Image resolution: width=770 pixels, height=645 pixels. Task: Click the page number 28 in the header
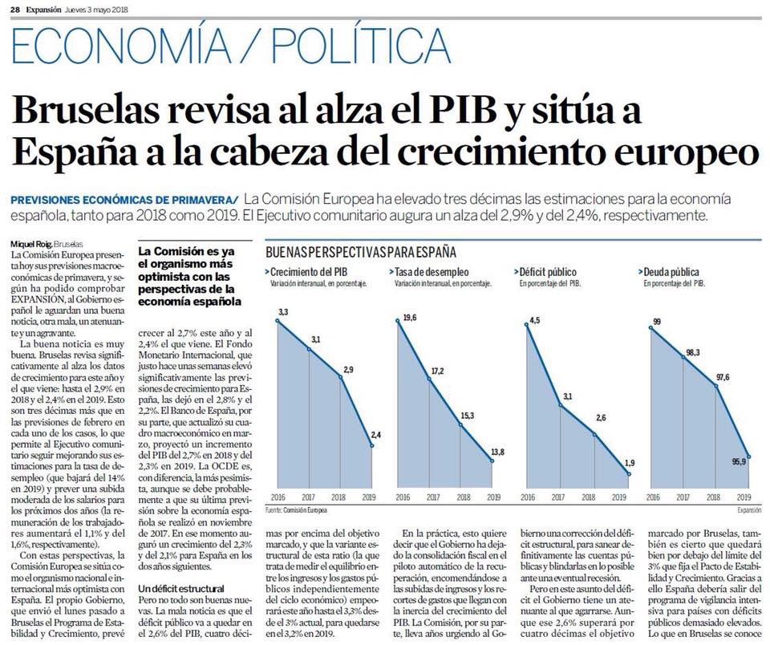pyautogui.click(x=14, y=9)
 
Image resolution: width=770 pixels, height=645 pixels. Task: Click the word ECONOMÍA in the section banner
pyautogui.click(x=112, y=47)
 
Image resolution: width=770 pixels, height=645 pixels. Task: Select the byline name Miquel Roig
pyautogui.click(x=29, y=244)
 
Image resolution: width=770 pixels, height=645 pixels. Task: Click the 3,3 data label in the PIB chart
pyautogui.click(x=283, y=310)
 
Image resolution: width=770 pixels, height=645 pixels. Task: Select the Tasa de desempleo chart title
pyautogui.click(x=432, y=273)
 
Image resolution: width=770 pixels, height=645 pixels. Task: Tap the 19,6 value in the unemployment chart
pyautogui.click(x=408, y=318)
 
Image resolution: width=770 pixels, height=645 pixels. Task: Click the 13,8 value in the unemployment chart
pyautogui.click(x=499, y=451)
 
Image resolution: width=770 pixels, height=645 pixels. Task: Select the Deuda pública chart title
pyautogui.click(x=674, y=273)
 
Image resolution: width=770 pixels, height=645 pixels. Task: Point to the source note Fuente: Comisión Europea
pyautogui.click(x=298, y=510)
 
